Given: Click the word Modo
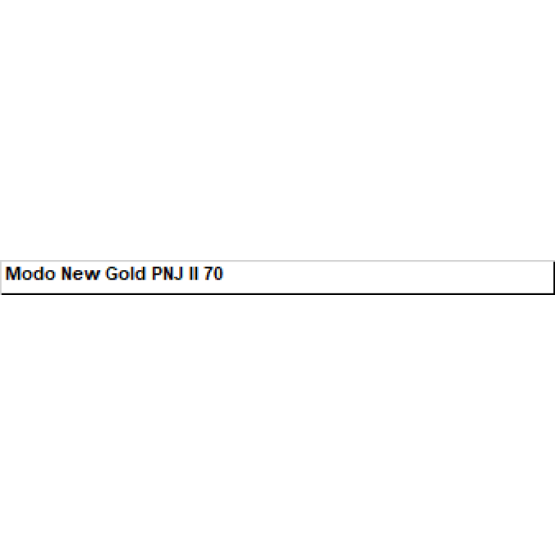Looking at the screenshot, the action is pos(31,273).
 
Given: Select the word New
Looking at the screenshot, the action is pos(80,273).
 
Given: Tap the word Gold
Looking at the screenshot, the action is pos(126,273).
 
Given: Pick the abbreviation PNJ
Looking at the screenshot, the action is pos(167,273).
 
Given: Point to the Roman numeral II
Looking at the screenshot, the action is pos(194,273).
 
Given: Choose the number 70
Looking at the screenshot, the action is pos(214,273).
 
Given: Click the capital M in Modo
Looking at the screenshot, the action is pos(13,273).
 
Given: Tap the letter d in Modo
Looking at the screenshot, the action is pos(38,273).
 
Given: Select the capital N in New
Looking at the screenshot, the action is pos(67,273).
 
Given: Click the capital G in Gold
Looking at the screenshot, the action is pos(112,273).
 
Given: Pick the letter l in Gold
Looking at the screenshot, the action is pos(133,273).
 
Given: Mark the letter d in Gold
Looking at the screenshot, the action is pos(141,273).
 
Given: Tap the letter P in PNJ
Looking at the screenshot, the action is pos(157,273).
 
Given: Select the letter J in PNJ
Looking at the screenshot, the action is pos(179,273).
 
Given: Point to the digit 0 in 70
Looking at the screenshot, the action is pos(219,273).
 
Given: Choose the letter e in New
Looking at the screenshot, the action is pos(80,275).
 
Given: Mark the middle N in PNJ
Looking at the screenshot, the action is pos(169,273).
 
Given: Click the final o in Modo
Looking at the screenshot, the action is pos(50,275).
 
